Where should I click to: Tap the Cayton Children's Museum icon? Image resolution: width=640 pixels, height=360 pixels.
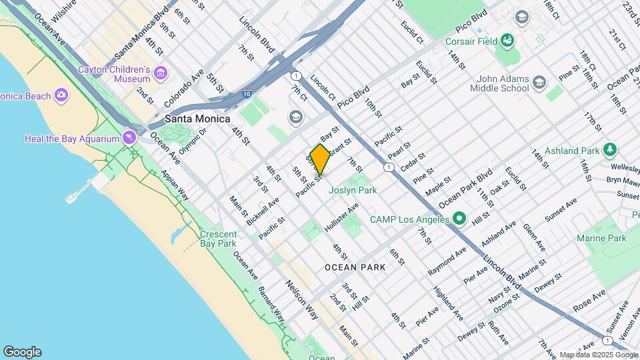click(x=160, y=72)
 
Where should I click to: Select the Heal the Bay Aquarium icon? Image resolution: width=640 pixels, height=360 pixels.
click(x=129, y=139)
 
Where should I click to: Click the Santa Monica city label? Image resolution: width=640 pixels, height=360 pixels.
click(x=197, y=119)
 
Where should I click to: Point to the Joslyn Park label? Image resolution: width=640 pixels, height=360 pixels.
click(x=353, y=190)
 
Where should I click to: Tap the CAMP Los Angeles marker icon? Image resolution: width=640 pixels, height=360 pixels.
click(x=459, y=218)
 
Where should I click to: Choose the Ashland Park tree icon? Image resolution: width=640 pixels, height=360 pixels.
click(x=609, y=149)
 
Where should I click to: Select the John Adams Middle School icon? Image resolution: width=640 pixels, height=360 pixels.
click(x=539, y=83)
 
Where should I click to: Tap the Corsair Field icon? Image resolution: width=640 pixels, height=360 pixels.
click(x=507, y=41)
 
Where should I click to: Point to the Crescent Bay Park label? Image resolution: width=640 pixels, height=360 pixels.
click(x=218, y=239)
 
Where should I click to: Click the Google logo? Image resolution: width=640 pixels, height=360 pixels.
click(x=22, y=352)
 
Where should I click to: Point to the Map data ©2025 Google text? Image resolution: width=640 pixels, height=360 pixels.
click(x=598, y=355)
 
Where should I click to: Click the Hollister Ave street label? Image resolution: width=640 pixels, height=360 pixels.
click(x=342, y=218)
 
